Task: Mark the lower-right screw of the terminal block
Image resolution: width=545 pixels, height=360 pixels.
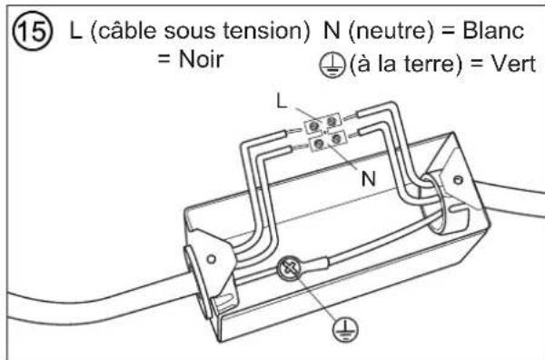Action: coord(336,142)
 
